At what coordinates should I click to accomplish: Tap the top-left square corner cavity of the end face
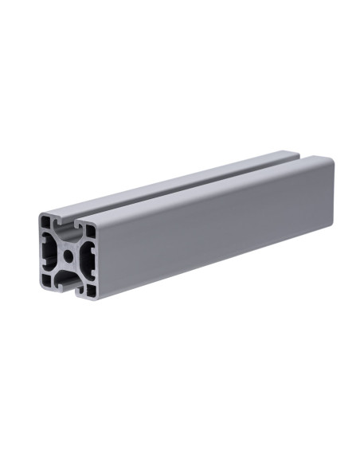46,221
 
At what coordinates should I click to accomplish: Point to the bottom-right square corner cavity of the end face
90,290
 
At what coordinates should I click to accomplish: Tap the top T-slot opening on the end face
67,223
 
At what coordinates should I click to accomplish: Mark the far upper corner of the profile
330,159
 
